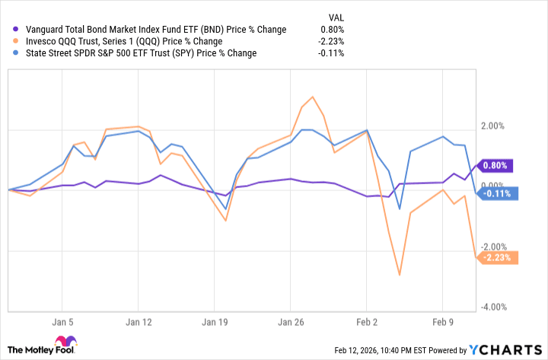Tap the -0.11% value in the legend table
tap(332, 53)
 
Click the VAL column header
tap(336, 15)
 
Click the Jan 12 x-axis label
tap(139, 321)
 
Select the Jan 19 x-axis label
tap(215, 321)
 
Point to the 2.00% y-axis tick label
tap(499, 126)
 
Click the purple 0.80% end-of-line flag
tap(498, 165)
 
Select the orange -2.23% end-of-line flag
tap(498, 257)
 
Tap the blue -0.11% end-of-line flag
tap(498, 193)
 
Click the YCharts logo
tap(505, 349)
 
